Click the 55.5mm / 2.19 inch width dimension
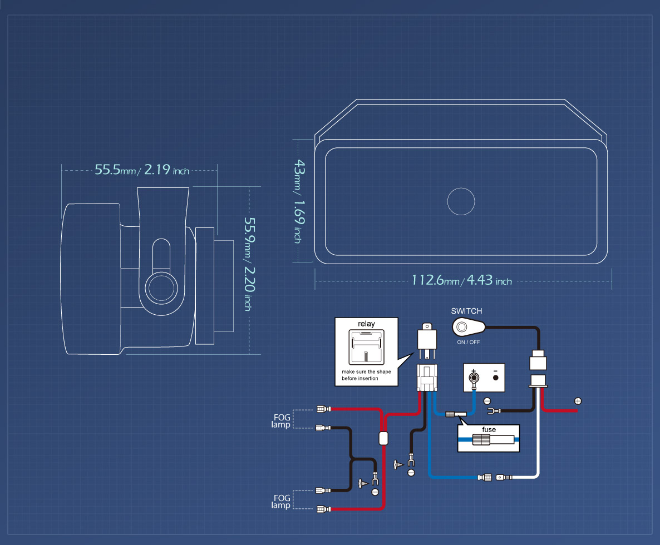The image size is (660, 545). coord(142,170)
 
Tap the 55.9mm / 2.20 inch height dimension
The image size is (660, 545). coord(250,264)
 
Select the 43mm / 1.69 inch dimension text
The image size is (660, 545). coord(299,201)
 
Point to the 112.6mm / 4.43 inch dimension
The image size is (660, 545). coord(461,280)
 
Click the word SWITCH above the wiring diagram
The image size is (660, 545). coord(466,311)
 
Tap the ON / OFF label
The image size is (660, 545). coord(469,343)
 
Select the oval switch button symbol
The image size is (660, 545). coord(468,327)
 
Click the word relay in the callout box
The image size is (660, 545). coord(366,324)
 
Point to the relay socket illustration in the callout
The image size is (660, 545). coord(366,348)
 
